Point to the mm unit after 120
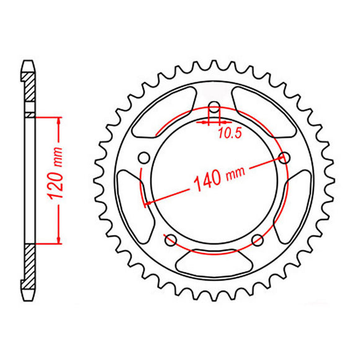pyautogui.click(x=58, y=160)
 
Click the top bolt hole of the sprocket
pyautogui.click(x=214, y=106)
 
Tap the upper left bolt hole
pyautogui.click(x=143, y=156)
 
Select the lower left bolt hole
pyautogui.click(x=171, y=239)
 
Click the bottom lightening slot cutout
pyautogui.click(x=214, y=261)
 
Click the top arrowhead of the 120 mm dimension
pyautogui.click(x=59, y=120)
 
